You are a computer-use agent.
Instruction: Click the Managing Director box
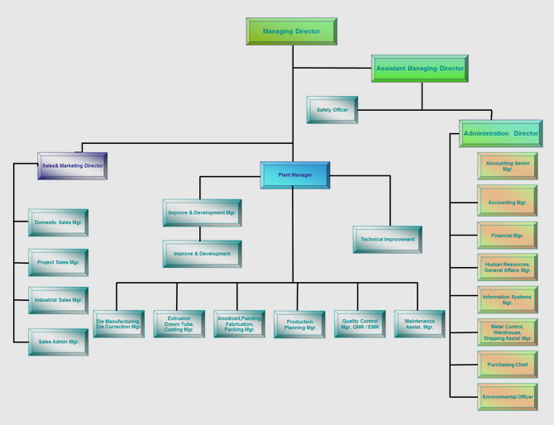(292, 31)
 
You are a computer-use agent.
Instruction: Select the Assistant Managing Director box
(420, 69)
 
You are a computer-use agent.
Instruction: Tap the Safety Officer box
(332, 110)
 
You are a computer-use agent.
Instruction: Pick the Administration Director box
(500, 133)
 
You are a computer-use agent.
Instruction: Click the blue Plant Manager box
(295, 175)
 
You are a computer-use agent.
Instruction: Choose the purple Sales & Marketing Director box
(73, 166)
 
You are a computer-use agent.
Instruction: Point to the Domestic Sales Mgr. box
(59, 222)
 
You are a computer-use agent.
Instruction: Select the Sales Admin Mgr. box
(59, 342)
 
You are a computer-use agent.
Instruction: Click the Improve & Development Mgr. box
(202, 212)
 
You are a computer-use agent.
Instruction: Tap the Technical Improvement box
(388, 240)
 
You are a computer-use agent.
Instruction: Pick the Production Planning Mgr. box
(299, 324)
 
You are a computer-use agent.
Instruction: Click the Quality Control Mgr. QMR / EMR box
(360, 324)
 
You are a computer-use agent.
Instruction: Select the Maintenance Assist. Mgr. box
(420, 324)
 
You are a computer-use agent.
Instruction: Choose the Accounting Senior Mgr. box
(508, 166)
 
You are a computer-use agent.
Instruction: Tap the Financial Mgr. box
(508, 236)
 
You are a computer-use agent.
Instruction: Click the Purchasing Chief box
(508, 365)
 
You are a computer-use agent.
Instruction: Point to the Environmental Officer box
(508, 397)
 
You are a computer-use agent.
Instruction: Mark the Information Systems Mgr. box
(508, 299)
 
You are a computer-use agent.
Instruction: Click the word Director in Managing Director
(308, 31)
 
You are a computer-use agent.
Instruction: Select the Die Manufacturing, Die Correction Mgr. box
(119, 324)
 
